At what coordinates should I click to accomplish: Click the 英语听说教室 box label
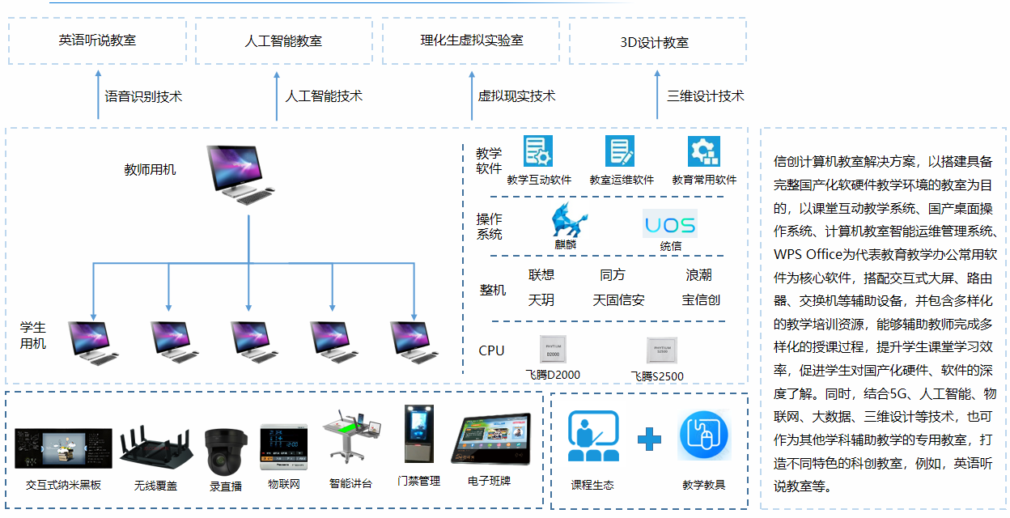click(x=97, y=40)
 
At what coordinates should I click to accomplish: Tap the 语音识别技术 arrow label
click(x=143, y=96)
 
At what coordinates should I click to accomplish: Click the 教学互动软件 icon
click(x=538, y=151)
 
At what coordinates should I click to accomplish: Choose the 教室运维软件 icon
click(x=620, y=151)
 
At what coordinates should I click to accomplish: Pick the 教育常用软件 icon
click(x=703, y=151)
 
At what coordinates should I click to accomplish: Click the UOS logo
click(x=670, y=223)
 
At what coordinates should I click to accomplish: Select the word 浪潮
click(x=698, y=275)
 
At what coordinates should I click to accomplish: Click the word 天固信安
click(x=618, y=300)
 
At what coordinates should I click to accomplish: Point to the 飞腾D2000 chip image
click(x=553, y=350)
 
